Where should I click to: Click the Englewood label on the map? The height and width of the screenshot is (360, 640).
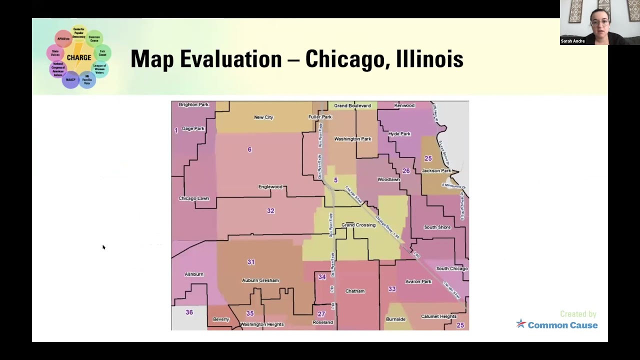[270, 187]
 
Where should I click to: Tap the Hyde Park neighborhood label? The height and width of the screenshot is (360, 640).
[399, 134]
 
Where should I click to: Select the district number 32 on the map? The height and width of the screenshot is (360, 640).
[270, 211]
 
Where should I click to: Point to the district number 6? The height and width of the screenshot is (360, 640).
[249, 149]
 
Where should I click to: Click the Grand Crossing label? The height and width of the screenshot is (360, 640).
[358, 225]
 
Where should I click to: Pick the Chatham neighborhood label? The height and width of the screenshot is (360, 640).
[355, 291]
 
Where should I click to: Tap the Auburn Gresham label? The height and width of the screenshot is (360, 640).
[260, 280]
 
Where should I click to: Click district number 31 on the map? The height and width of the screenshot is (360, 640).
[251, 262]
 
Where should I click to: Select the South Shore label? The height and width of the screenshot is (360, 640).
[437, 227]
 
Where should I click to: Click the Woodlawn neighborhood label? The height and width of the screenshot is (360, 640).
[388, 179]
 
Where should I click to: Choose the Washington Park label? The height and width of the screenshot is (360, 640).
[352, 139]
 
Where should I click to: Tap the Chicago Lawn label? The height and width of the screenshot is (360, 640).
[194, 198]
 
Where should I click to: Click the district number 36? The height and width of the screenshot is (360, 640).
[189, 312]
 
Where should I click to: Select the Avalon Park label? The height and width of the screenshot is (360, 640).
[418, 281]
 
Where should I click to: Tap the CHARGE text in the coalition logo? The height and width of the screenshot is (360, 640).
[79, 57]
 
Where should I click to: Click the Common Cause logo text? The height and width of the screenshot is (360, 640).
[562, 325]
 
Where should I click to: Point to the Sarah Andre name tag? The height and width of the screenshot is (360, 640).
[573, 41]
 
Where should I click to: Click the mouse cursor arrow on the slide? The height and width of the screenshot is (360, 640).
[103, 247]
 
